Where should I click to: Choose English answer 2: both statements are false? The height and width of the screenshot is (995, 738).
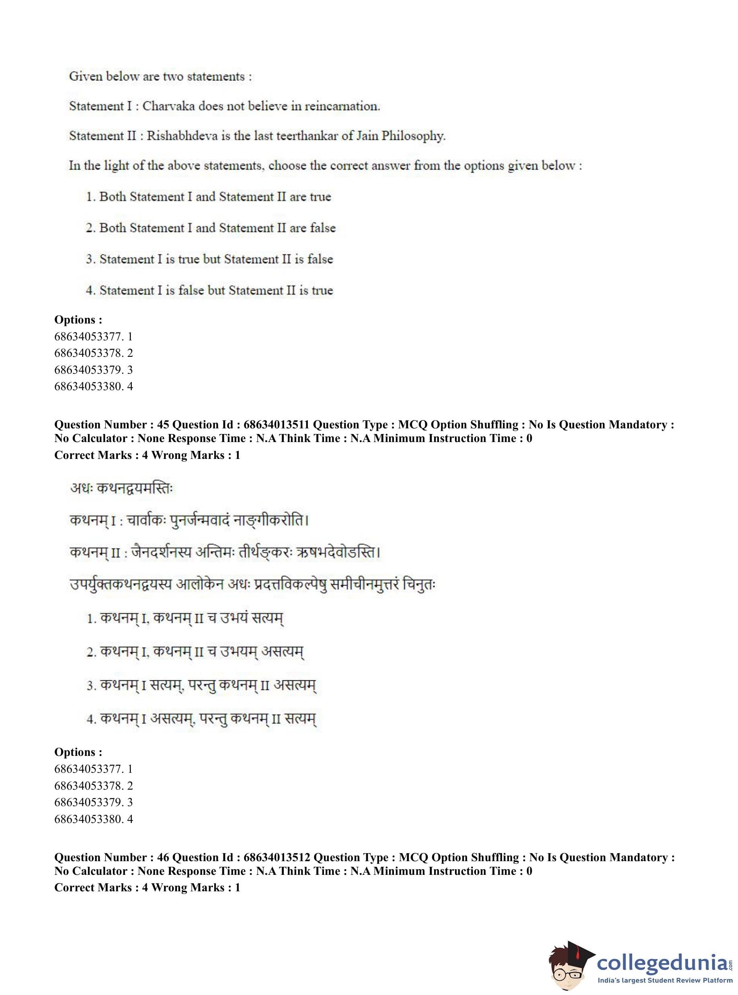coord(210,228)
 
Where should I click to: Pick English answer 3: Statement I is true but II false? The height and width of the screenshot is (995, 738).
coord(209,259)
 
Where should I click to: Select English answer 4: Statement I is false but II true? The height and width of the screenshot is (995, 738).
coord(209,290)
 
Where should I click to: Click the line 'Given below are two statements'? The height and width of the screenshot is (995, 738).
coord(160,76)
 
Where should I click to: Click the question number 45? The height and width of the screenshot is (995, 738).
coord(162,425)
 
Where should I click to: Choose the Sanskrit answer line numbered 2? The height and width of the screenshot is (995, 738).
coord(195,653)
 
